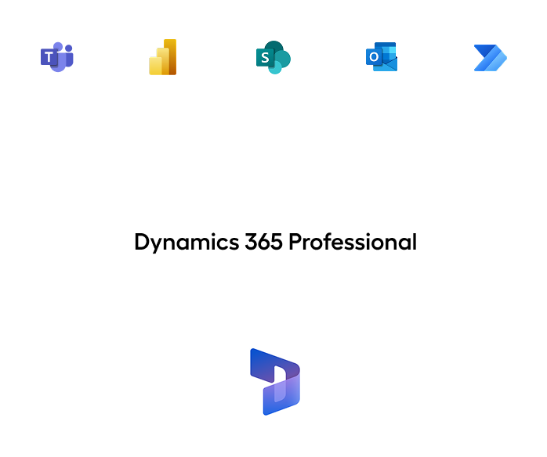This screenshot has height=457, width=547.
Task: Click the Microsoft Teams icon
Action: click(56, 57)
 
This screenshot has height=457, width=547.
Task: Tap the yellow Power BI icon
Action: click(164, 57)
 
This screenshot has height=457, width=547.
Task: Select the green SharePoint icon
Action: click(273, 58)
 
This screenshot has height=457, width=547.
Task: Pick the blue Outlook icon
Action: click(382, 57)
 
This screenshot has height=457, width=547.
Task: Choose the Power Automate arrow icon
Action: click(490, 58)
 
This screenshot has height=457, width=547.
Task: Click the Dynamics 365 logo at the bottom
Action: click(273, 381)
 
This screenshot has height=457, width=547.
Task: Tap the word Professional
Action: click(352, 242)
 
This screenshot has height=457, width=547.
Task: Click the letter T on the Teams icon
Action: click(49, 57)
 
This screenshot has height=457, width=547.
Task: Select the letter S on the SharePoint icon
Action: click(265, 59)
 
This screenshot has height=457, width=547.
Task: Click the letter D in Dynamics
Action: click(141, 242)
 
